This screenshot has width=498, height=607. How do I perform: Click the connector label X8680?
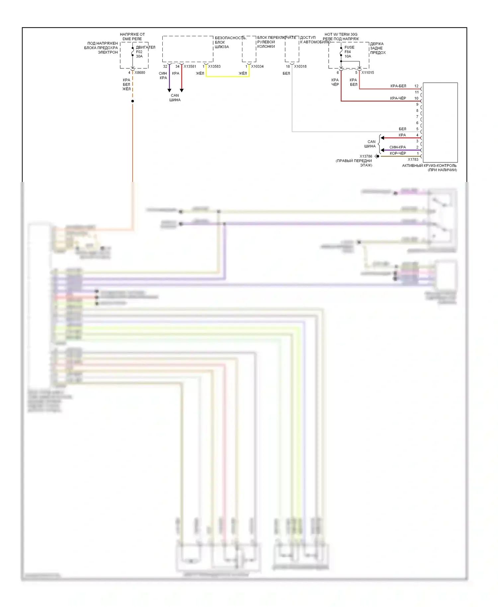[140, 73]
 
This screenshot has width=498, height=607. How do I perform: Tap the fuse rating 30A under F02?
[139, 56]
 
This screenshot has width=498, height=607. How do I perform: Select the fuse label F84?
[348, 52]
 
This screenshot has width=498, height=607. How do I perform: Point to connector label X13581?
[190, 66]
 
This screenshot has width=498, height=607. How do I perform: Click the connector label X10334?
[257, 66]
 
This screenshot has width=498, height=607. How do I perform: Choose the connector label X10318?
[300, 66]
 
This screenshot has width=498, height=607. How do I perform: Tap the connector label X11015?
[368, 73]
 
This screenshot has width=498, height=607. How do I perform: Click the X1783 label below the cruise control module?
[413, 159]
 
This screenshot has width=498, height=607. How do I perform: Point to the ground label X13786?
[366, 156]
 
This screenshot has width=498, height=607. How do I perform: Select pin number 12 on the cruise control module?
[416, 86]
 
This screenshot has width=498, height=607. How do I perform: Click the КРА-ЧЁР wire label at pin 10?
[398, 98]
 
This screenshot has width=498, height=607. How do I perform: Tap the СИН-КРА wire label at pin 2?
[397, 147]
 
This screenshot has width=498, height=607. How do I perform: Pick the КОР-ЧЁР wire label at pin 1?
[398, 153]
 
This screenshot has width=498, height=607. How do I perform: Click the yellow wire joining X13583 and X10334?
[227, 76]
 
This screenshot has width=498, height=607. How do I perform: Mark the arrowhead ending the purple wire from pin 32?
[169, 90]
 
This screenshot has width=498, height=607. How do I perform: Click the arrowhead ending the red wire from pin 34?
[182, 90]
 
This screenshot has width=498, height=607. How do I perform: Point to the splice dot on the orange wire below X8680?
[132, 101]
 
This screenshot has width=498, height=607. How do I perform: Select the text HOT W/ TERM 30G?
[341, 35]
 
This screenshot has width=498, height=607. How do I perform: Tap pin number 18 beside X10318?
[288, 66]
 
